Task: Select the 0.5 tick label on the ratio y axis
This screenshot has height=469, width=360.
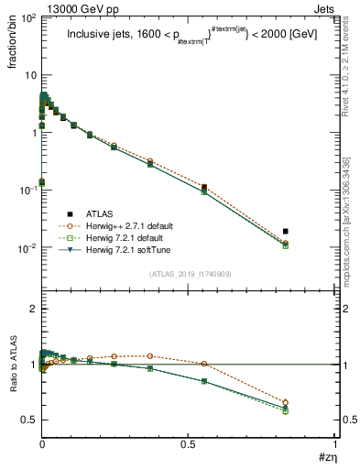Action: pos(27,420)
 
